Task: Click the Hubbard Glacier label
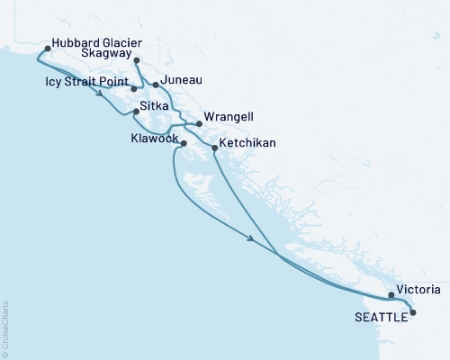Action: point(97,41)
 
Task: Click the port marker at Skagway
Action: point(137,61)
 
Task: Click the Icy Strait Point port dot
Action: point(133,89)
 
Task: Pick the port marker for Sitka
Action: point(136,112)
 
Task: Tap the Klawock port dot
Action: point(184,144)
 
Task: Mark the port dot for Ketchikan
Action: point(214,147)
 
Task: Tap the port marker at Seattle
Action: point(413,312)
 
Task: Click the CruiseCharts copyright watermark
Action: point(6,325)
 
